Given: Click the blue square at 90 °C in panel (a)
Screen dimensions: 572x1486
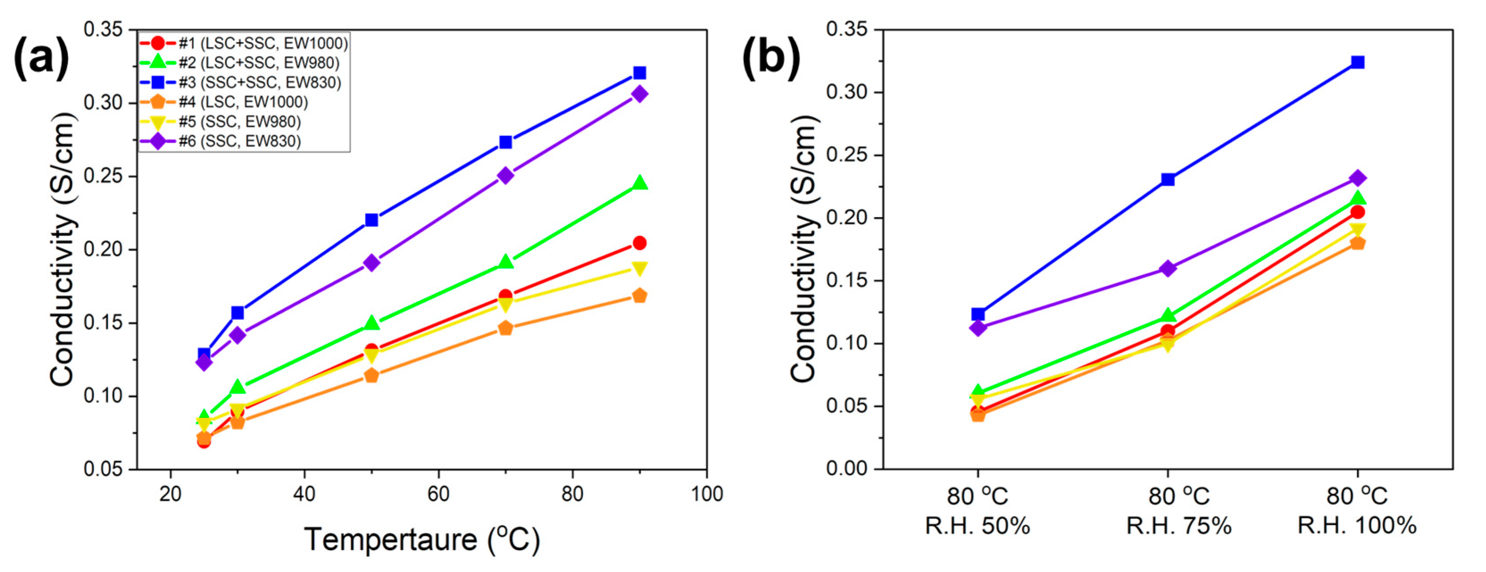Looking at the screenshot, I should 639,73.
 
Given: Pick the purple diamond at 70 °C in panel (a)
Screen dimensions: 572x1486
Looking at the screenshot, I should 505,175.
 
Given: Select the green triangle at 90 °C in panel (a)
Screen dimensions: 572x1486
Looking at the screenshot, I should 639,183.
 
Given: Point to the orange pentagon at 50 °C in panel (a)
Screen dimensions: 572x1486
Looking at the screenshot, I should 371,375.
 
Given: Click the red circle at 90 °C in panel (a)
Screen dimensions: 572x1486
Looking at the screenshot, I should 639,243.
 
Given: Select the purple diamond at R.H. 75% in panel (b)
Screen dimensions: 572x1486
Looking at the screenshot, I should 1167,268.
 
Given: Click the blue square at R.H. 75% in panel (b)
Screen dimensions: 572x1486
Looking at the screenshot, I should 1167,179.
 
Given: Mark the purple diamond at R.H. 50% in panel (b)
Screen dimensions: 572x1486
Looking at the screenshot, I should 978,328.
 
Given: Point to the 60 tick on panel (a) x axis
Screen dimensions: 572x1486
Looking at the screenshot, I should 438,494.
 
